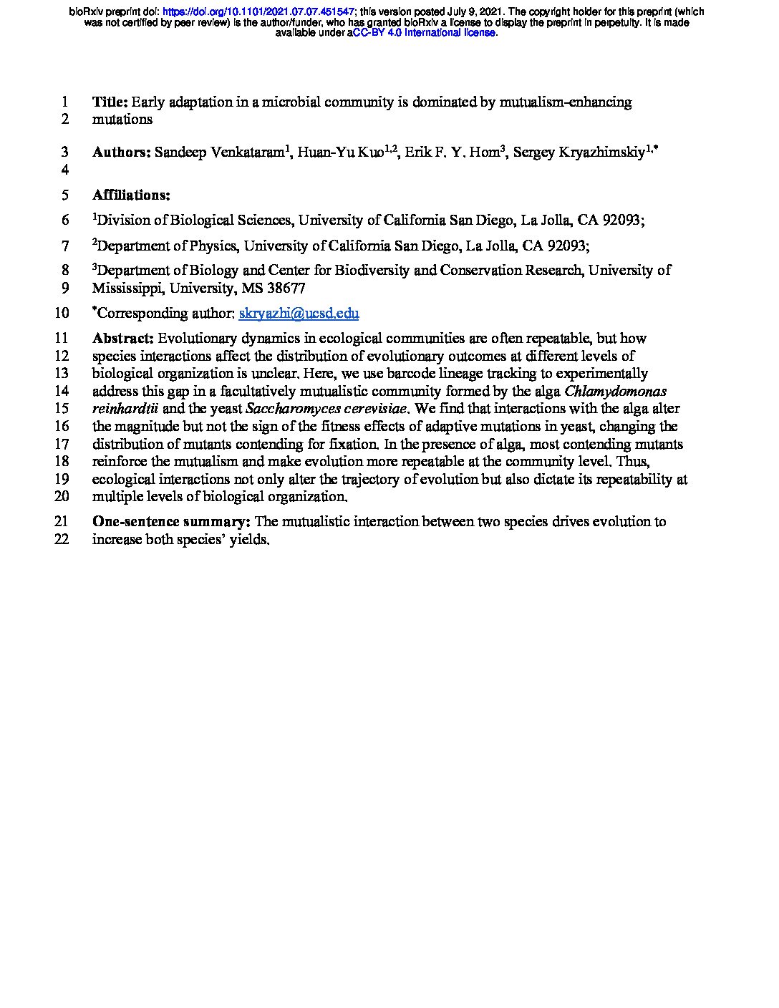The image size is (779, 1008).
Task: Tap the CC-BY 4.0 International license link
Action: click(424, 33)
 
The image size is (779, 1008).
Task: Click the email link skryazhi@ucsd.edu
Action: click(299, 313)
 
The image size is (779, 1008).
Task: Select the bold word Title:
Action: click(110, 102)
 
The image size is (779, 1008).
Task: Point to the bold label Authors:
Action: click(121, 152)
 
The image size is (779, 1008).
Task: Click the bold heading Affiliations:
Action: click(131, 195)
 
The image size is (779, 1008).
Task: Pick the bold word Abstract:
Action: click(122, 338)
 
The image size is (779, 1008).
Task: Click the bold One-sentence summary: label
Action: click(171, 521)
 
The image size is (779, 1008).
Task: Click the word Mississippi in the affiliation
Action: click(126, 288)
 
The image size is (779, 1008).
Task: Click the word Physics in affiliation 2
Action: click(213, 246)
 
